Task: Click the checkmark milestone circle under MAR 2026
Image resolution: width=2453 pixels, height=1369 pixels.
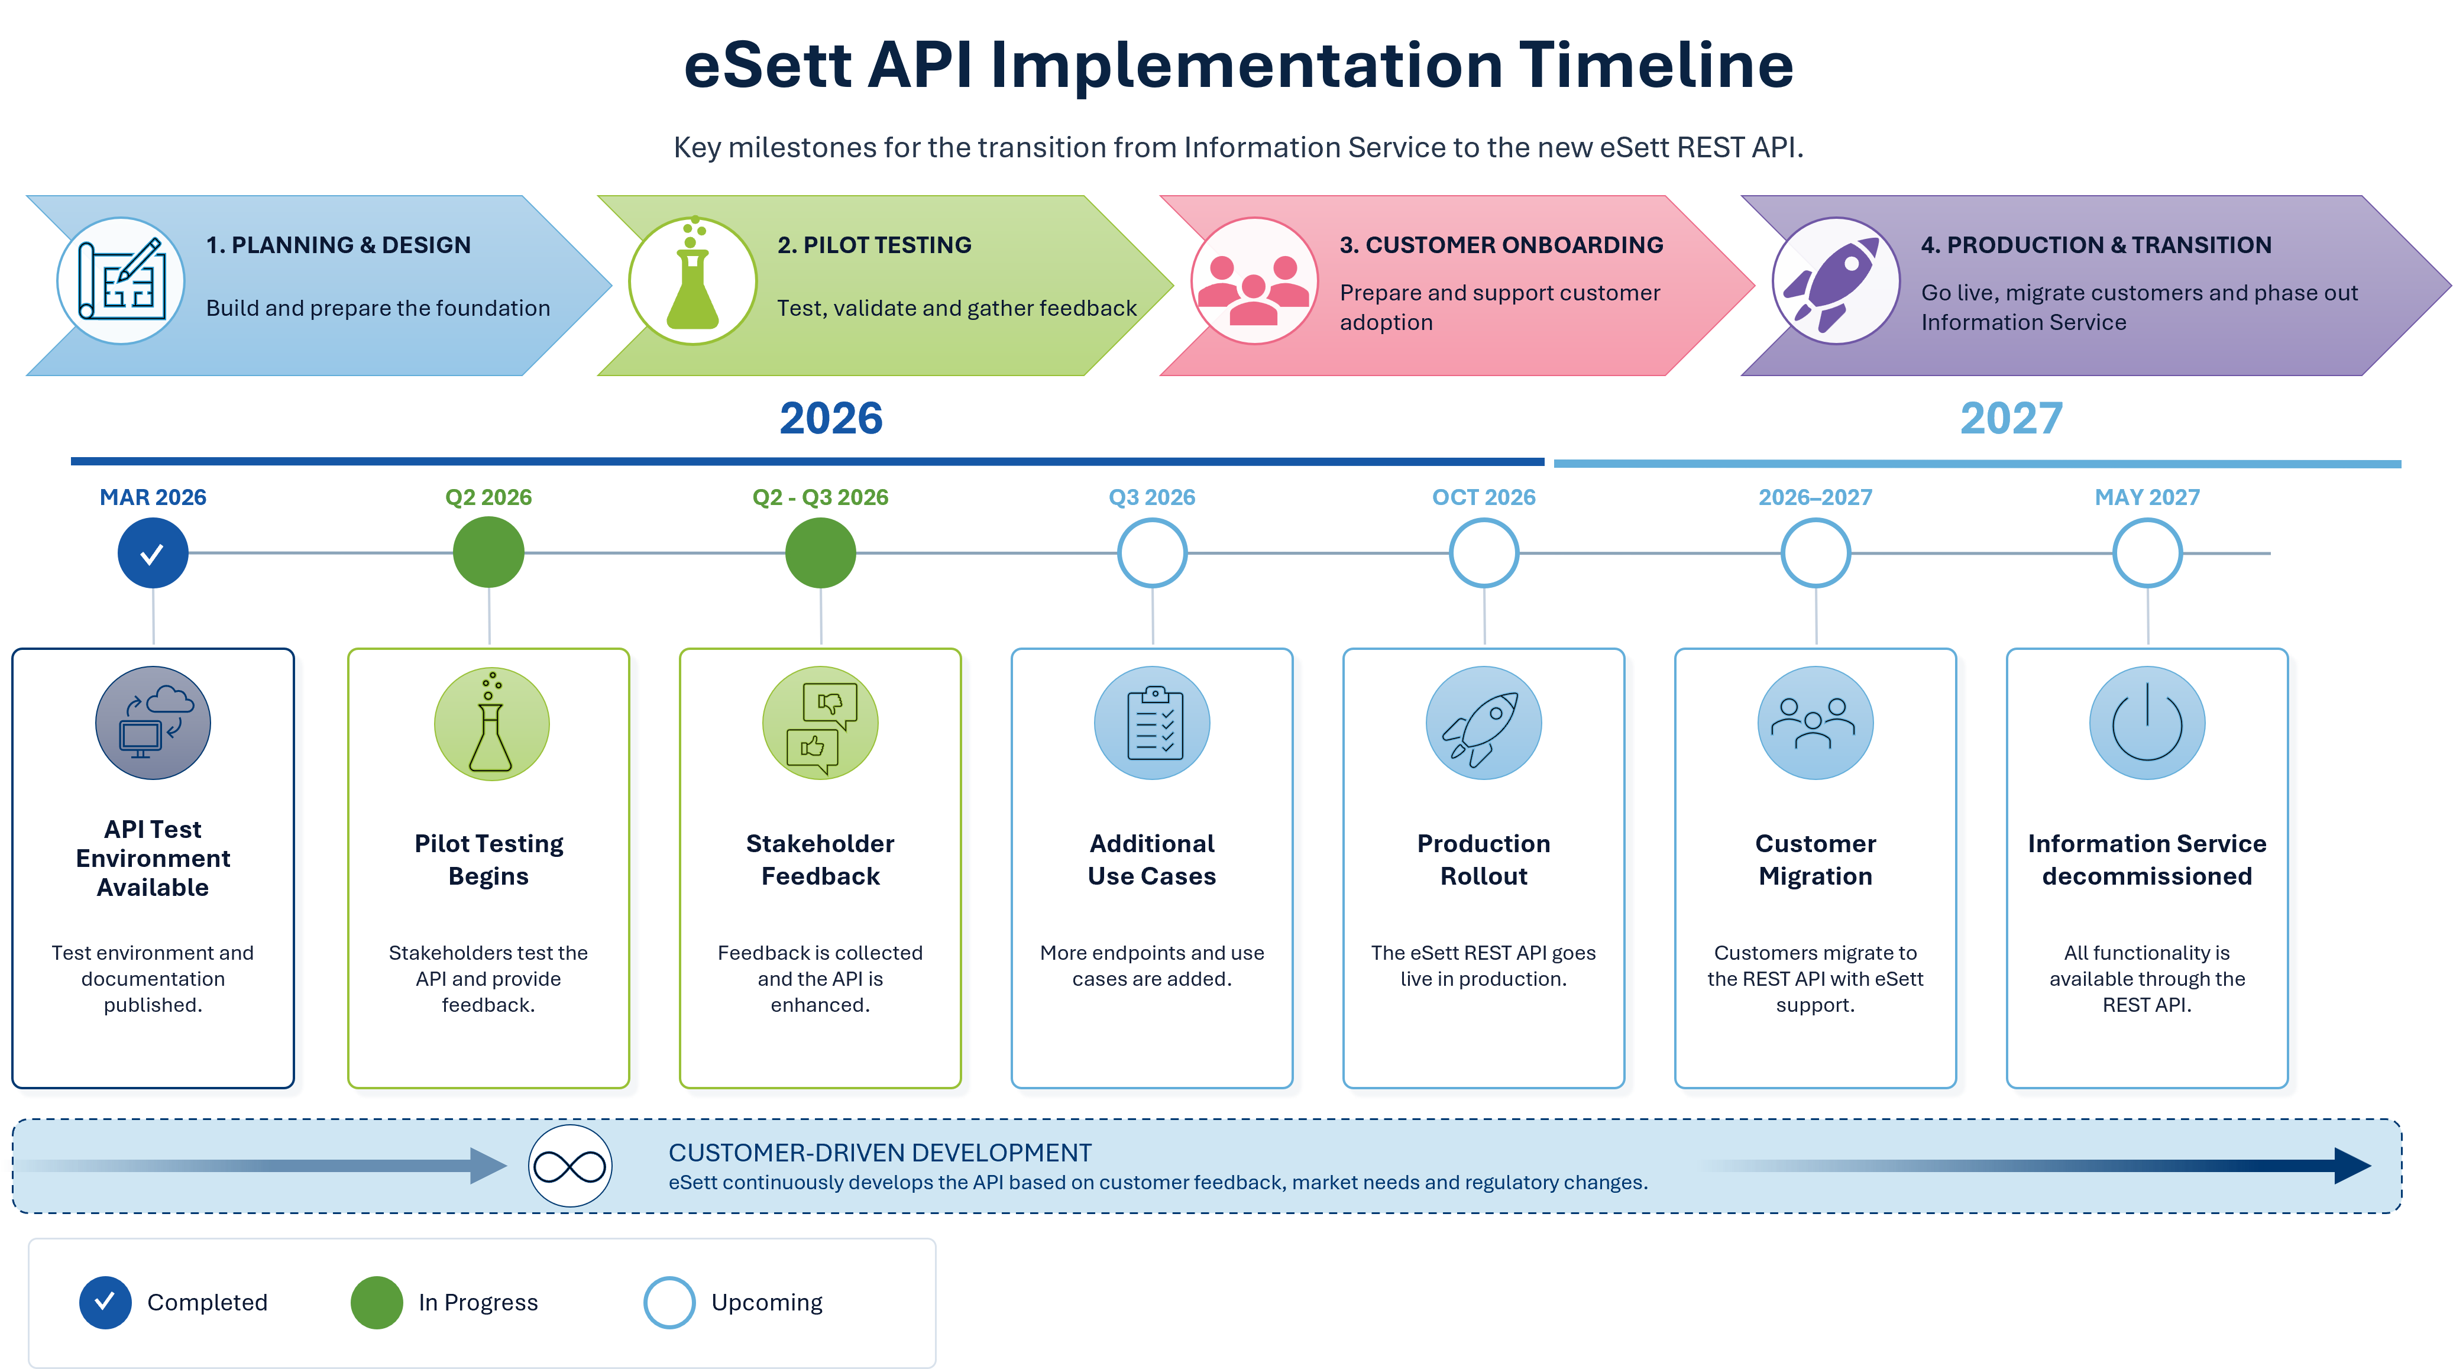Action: [153, 553]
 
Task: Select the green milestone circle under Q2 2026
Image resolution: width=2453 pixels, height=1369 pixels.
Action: [488, 553]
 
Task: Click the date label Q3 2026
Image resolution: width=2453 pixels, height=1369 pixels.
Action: [1152, 497]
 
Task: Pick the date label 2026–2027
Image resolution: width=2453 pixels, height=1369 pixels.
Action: [1815, 497]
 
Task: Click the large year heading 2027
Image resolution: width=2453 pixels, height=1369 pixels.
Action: [2011, 419]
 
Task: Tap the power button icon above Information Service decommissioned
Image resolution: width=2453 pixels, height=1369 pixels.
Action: [2147, 724]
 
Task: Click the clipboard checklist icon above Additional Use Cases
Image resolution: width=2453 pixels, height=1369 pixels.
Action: [1152, 724]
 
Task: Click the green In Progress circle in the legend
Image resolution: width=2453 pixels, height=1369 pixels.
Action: [377, 1302]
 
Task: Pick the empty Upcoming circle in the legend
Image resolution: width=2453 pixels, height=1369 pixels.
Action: [669, 1302]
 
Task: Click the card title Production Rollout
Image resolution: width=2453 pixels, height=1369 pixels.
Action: [1484, 860]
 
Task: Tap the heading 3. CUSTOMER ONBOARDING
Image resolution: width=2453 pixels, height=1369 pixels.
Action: [1501, 245]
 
